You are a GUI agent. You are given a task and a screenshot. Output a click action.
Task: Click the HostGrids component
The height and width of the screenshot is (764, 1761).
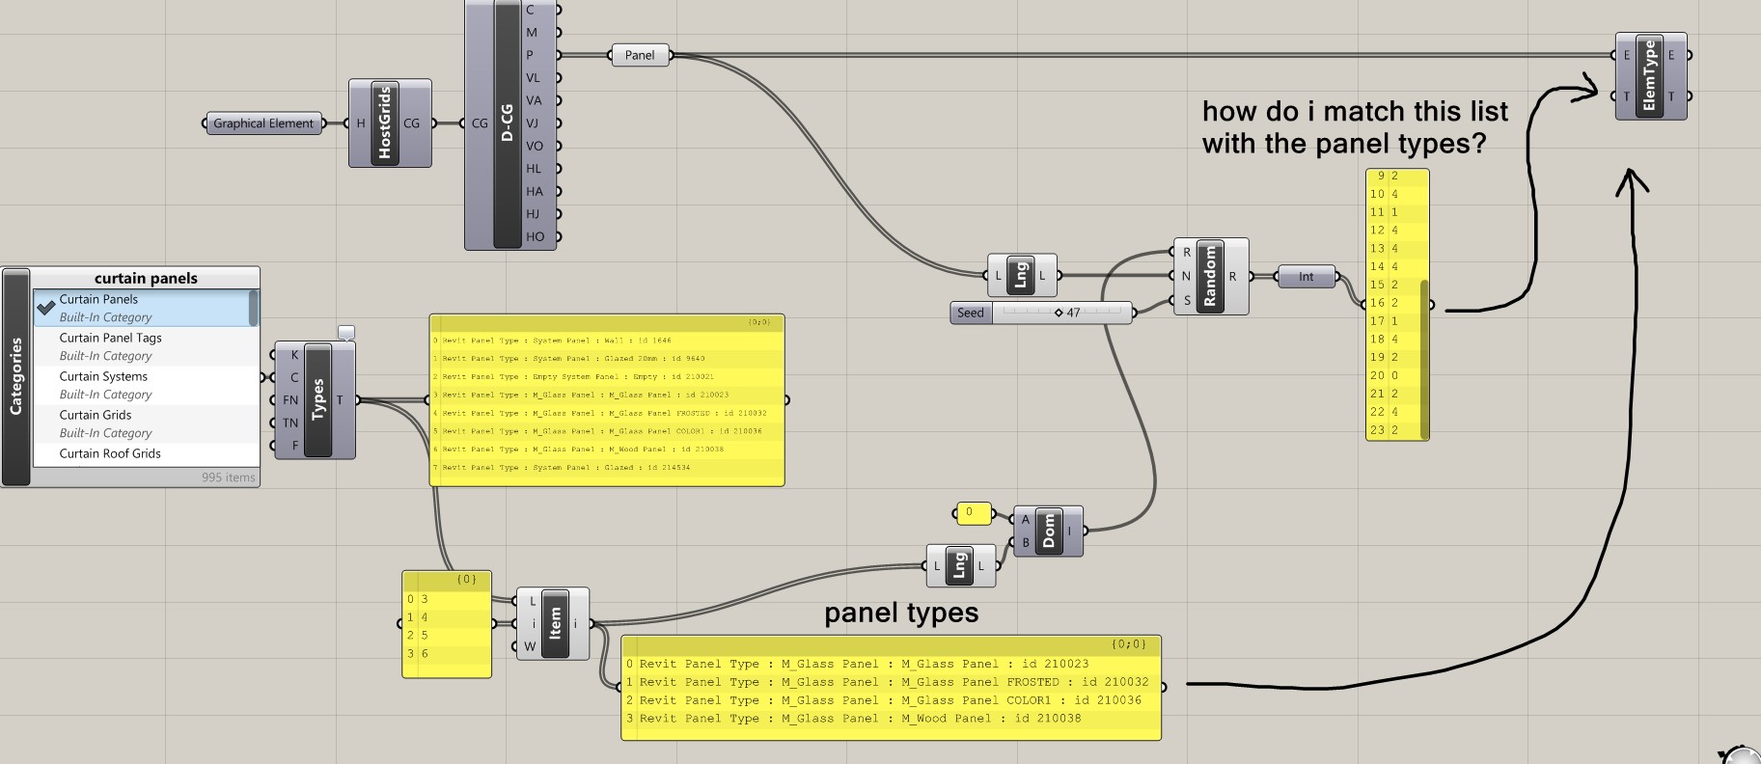(385, 123)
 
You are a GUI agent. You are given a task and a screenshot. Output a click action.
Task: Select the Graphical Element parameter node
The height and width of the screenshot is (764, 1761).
(263, 123)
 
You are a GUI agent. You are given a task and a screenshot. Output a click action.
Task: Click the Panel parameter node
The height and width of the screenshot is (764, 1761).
(640, 55)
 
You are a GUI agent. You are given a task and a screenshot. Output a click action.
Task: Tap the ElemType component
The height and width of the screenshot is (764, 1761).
(1649, 75)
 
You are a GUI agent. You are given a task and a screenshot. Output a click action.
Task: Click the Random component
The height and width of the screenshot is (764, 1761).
(1210, 276)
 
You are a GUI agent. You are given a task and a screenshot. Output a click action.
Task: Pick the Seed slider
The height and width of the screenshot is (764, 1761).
(1061, 313)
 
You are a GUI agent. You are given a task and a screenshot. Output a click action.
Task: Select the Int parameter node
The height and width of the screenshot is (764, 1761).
(1306, 277)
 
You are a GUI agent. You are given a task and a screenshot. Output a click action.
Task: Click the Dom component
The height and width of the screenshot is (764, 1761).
(1049, 531)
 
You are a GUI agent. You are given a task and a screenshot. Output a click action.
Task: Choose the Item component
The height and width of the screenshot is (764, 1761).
(555, 623)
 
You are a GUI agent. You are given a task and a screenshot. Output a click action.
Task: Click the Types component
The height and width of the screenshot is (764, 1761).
(317, 399)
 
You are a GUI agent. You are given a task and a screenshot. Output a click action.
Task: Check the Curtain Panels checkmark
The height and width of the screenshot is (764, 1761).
(45, 308)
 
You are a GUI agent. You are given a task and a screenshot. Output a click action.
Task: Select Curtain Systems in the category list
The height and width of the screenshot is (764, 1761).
(103, 376)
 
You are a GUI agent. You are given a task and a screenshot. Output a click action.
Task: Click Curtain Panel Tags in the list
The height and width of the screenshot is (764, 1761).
(110, 338)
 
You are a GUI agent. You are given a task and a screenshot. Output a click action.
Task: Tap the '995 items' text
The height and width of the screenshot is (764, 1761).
(229, 477)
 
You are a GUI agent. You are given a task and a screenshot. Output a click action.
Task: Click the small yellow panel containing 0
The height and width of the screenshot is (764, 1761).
(972, 513)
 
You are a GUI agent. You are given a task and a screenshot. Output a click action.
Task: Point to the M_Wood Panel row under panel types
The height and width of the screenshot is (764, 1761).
(860, 719)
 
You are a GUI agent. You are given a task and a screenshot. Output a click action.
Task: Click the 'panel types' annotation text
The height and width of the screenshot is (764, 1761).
(901, 613)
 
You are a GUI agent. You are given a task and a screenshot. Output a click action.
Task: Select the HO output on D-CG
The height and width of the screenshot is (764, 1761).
(535, 236)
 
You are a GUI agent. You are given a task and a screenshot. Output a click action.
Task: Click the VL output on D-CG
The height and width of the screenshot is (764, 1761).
(533, 78)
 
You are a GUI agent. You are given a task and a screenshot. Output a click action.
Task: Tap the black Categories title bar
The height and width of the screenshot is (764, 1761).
(15, 376)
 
